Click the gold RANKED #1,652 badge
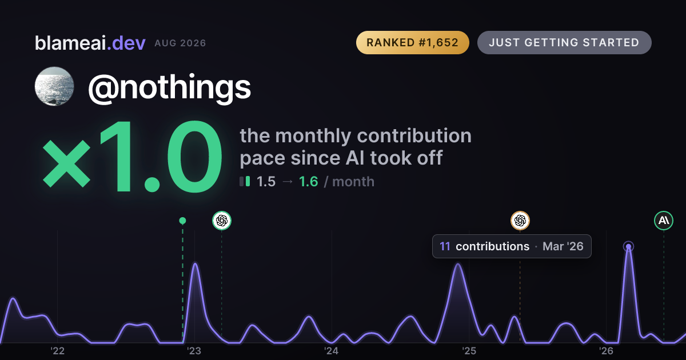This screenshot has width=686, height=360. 413,42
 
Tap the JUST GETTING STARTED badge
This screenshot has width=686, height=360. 564,42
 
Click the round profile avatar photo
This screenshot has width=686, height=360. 54,86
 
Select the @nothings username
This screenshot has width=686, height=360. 169,87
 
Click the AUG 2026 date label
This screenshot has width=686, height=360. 180,43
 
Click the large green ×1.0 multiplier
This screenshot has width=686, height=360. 132,157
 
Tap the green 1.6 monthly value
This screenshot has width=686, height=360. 308,182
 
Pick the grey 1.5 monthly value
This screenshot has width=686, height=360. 266,182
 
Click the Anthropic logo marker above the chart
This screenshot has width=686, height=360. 664,221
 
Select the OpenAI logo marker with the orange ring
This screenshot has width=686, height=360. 520,221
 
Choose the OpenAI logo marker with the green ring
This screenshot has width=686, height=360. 222,221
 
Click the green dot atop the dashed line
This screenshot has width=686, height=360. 182,221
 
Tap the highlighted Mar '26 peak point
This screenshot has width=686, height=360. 628,246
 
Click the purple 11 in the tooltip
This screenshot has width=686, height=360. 445,246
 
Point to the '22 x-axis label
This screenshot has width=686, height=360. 57,351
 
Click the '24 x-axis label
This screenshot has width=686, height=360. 332,351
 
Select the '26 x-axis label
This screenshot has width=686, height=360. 606,351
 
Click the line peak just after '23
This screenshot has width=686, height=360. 195,263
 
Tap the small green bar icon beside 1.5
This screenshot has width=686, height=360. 248,181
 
